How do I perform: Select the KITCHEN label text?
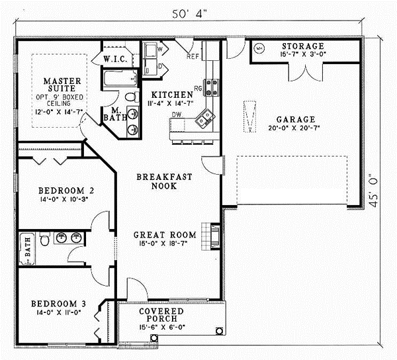(171, 95)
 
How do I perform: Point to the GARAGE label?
(290, 120)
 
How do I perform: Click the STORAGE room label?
(303, 46)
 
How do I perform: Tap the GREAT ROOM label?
(165, 234)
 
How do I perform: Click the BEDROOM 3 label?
(59, 304)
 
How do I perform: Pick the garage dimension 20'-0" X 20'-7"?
(290, 128)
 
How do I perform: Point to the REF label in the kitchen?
(193, 56)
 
